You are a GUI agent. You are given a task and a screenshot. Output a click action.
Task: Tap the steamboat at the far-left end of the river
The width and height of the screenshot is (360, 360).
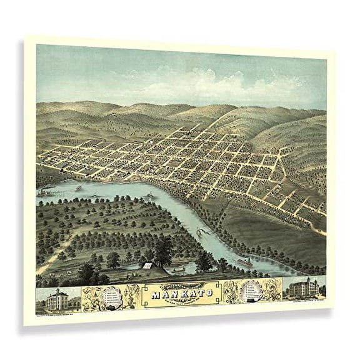44,192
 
